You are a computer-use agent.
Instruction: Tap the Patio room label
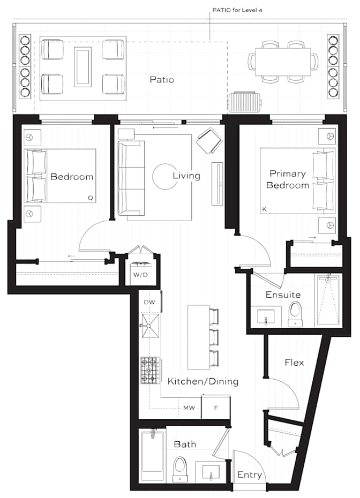pos(161,80)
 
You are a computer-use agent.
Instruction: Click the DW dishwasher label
pos(149,303)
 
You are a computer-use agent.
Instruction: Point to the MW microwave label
pos(189,408)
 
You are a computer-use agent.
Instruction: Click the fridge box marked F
pos(216,407)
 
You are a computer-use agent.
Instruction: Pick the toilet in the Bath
pos(181,470)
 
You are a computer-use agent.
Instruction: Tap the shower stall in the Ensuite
pos(328,300)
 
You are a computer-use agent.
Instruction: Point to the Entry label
pos(250,475)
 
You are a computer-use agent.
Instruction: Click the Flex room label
pos(294,363)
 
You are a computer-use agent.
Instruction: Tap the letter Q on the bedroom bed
pos(90,198)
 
